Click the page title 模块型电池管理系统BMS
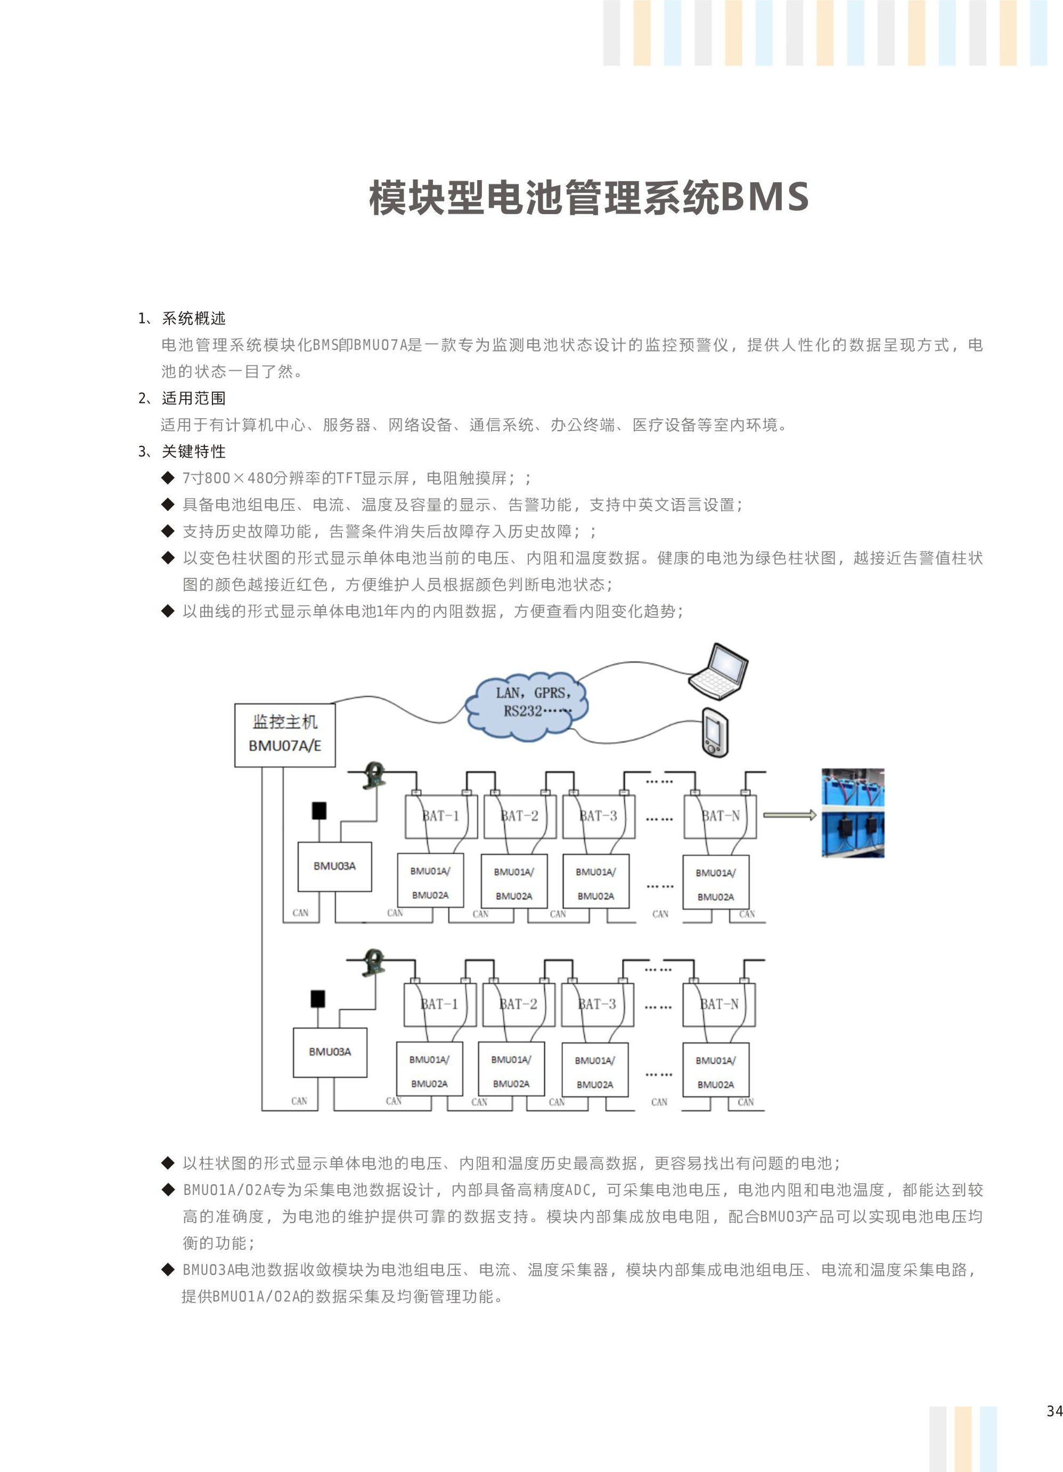click(588, 197)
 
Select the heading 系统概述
click(193, 318)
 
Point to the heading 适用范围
click(193, 398)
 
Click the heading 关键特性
click(193, 451)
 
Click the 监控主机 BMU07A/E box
click(285, 735)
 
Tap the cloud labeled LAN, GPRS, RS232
click(527, 706)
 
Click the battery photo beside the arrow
click(853, 813)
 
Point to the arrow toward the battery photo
click(789, 815)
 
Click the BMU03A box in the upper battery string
click(335, 866)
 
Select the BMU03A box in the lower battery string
click(330, 1052)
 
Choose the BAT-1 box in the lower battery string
click(440, 1005)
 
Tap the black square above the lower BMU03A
click(317, 999)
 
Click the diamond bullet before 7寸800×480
click(168, 478)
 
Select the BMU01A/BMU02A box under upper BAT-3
click(596, 882)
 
